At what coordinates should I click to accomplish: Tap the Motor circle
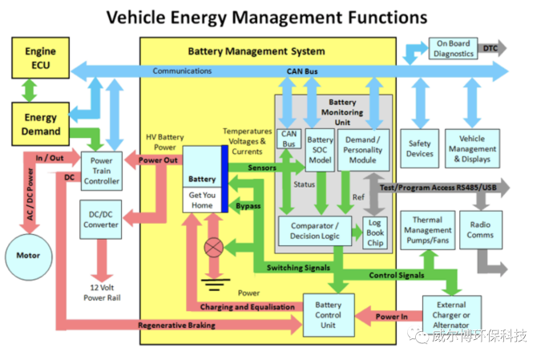[x=28, y=256]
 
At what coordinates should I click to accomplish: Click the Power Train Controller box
[x=101, y=170]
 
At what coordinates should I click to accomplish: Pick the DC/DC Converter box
[x=101, y=218]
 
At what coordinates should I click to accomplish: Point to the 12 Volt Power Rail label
[x=101, y=293]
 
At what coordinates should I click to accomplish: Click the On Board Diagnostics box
[x=454, y=48]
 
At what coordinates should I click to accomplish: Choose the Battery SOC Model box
[x=321, y=149]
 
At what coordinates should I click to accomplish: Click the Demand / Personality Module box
[x=363, y=149]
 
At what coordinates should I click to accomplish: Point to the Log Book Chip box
[x=375, y=233]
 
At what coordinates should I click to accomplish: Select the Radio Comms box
[x=480, y=230]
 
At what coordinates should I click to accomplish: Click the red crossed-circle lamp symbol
[x=213, y=249]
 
